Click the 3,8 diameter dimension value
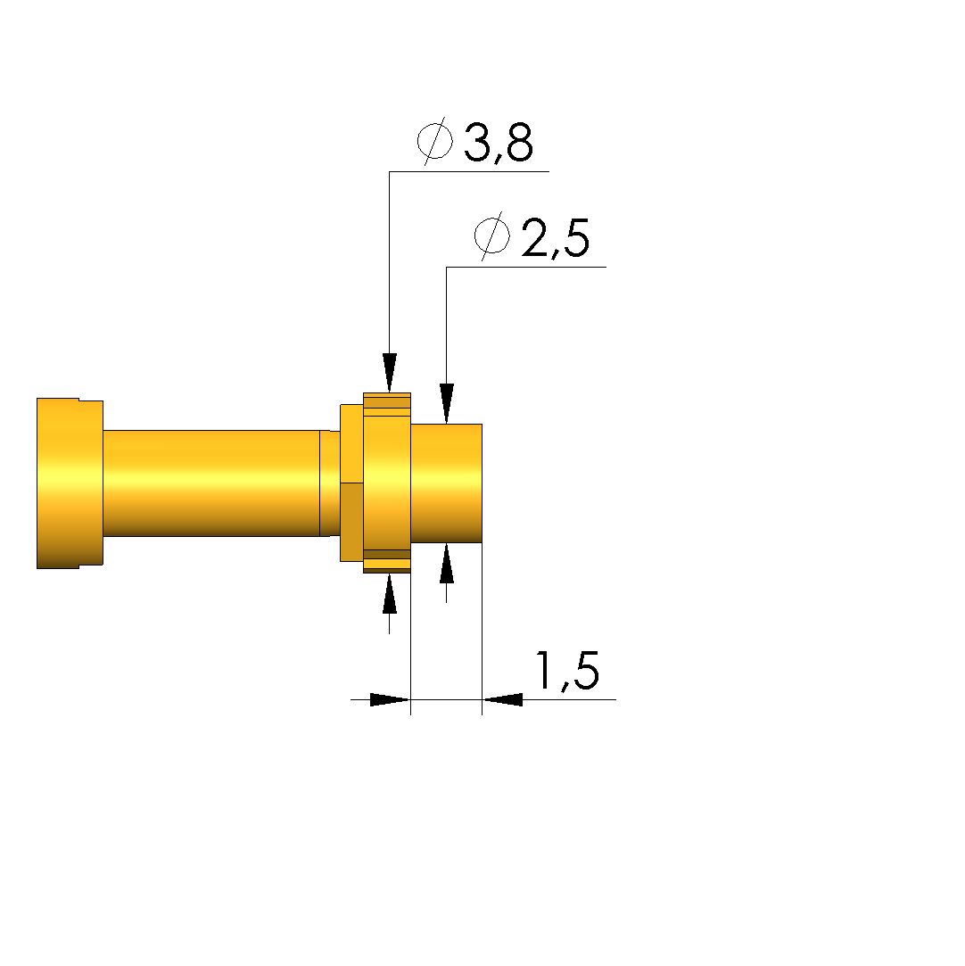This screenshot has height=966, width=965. point(499,143)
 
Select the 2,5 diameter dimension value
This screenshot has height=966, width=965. point(556,238)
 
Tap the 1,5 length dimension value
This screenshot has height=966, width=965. point(567,670)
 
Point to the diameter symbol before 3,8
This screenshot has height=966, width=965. point(434,140)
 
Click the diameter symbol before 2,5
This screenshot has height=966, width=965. point(492,235)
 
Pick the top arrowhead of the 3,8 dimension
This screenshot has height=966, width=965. point(389,373)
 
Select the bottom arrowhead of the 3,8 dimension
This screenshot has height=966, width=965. point(389,594)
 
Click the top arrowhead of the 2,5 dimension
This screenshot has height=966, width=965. point(447,403)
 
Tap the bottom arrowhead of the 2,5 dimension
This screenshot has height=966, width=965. point(447,563)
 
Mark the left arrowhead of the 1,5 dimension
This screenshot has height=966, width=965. point(390,700)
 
